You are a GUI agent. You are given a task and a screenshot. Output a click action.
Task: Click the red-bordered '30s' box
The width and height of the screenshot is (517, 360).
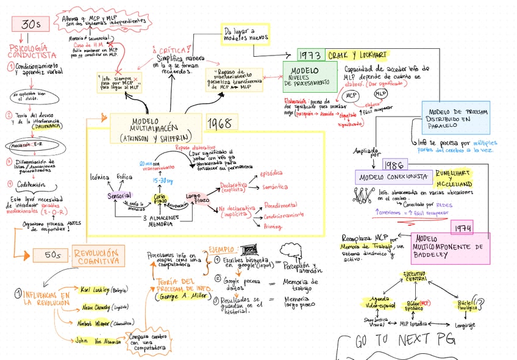30,24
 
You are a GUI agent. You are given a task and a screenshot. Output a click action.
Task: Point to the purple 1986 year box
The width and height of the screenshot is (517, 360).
396,165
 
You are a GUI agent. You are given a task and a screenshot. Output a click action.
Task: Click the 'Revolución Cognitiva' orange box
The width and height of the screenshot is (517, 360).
98,256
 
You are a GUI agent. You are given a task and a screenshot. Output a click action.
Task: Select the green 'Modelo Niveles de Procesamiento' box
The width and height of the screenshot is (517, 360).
308,77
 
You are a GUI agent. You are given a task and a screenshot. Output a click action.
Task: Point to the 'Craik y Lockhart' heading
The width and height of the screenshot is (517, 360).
358,54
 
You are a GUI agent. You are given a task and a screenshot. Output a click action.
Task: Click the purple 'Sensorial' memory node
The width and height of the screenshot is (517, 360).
119,196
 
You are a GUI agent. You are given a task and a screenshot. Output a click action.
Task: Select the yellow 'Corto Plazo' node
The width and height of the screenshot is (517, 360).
159,199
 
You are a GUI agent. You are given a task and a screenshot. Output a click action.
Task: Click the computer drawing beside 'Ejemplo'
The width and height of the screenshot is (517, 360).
248,250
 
